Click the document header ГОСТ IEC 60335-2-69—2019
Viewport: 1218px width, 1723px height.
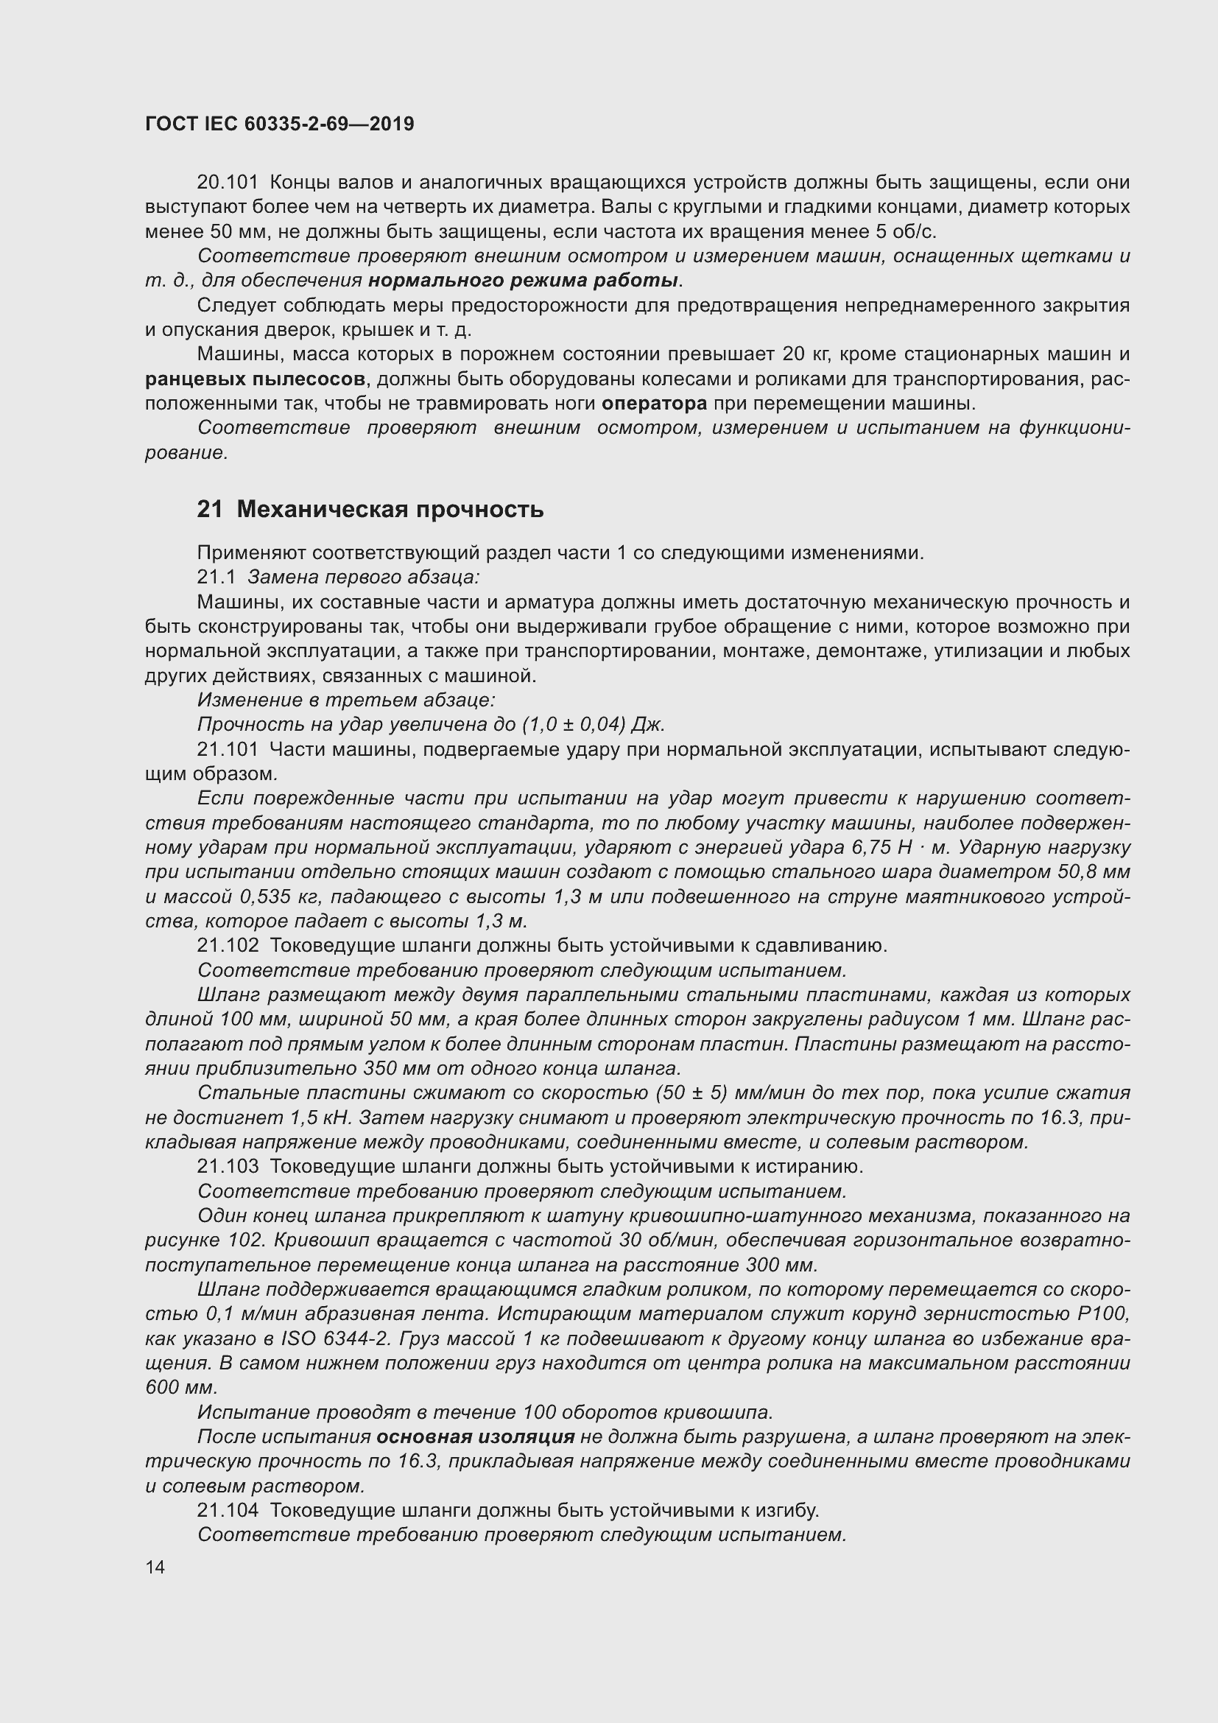coord(279,124)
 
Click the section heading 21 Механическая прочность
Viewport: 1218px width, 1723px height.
coord(370,510)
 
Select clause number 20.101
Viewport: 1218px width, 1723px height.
coord(228,183)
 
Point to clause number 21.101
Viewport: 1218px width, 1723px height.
coord(228,749)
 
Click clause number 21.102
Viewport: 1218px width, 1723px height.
coord(228,946)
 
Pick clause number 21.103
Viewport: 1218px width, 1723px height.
coord(228,1166)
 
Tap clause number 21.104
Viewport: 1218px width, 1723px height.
coord(228,1510)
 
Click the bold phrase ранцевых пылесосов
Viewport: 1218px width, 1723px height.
coord(255,379)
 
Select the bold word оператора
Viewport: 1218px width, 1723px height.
coord(654,404)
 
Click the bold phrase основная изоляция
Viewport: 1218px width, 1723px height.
coord(475,1436)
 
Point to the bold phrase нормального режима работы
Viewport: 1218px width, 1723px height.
coord(523,281)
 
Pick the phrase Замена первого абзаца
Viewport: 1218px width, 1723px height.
coord(363,577)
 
